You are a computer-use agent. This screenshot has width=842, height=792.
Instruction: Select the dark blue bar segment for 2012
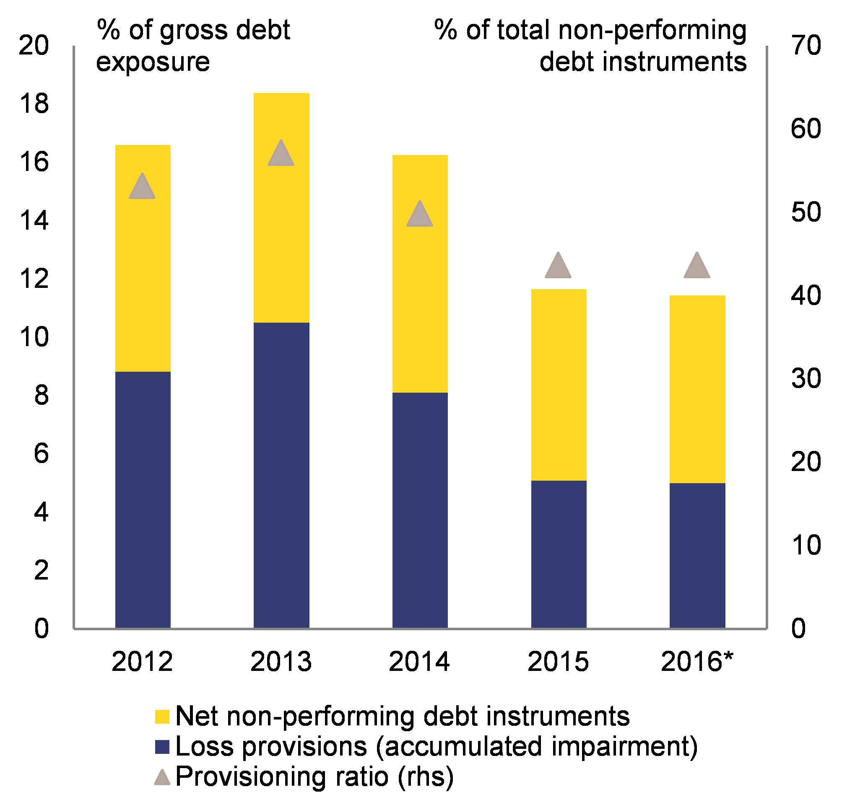(x=143, y=500)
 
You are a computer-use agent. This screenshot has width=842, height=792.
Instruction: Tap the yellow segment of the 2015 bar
(x=559, y=385)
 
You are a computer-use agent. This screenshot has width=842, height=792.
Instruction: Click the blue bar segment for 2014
(x=420, y=510)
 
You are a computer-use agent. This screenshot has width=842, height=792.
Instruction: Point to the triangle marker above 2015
(x=558, y=267)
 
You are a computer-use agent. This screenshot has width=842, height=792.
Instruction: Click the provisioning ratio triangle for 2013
(x=281, y=154)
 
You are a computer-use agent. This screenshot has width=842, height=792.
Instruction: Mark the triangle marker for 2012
(x=142, y=187)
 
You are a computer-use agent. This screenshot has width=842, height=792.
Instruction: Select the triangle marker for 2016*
(x=697, y=267)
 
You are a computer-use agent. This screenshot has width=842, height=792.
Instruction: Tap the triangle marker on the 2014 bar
(x=420, y=215)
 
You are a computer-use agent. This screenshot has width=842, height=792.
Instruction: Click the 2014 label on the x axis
(x=419, y=662)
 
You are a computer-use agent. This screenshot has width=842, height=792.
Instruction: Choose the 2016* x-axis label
(x=697, y=662)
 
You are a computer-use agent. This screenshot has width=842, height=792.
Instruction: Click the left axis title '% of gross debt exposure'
(x=193, y=46)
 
